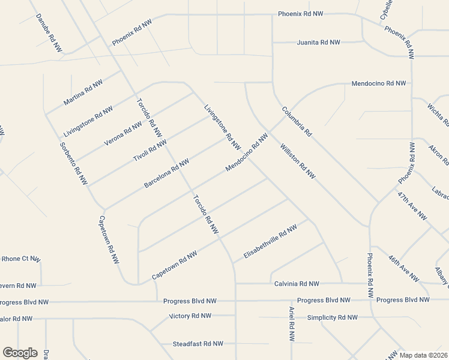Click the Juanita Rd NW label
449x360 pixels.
click(319, 43)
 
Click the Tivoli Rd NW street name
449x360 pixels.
click(149, 149)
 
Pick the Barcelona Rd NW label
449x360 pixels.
click(166, 173)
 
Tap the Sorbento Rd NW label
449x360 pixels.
click(74, 163)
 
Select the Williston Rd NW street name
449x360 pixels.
click(297, 161)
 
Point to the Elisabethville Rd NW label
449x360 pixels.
click(270, 242)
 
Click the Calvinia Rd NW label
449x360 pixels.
click(297, 283)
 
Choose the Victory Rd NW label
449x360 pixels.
click(190, 316)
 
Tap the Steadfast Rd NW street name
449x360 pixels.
click(197, 344)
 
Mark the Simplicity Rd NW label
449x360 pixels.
click(332, 317)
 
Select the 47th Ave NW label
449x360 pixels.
click(412, 206)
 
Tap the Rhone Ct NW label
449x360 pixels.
click(21, 259)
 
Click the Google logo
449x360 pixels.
click(20, 353)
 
